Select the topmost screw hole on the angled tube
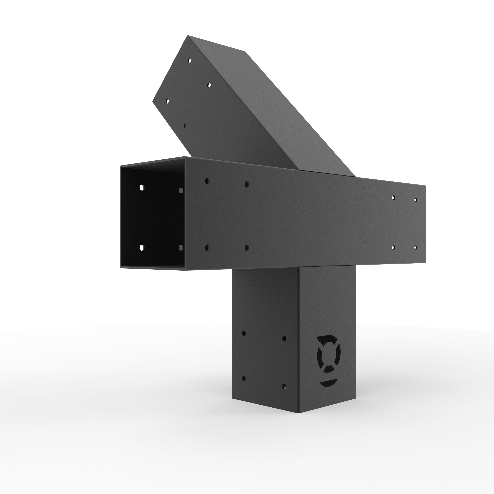pos(189,61)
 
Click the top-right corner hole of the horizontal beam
pos(415,199)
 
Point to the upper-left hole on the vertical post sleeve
pos(244,333)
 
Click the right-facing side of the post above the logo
pos(327,307)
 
